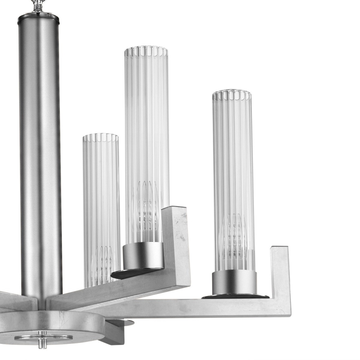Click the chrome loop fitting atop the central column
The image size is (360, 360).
point(38,5)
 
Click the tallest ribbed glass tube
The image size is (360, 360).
point(146,124)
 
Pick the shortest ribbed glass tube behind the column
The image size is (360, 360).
point(101,199)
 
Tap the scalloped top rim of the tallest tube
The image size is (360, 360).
point(146,51)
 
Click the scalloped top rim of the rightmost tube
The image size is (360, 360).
point(232,95)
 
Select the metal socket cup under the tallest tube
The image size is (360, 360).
point(144,255)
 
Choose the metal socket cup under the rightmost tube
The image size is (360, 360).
point(234,282)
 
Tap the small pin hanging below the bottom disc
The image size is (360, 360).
point(41,342)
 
